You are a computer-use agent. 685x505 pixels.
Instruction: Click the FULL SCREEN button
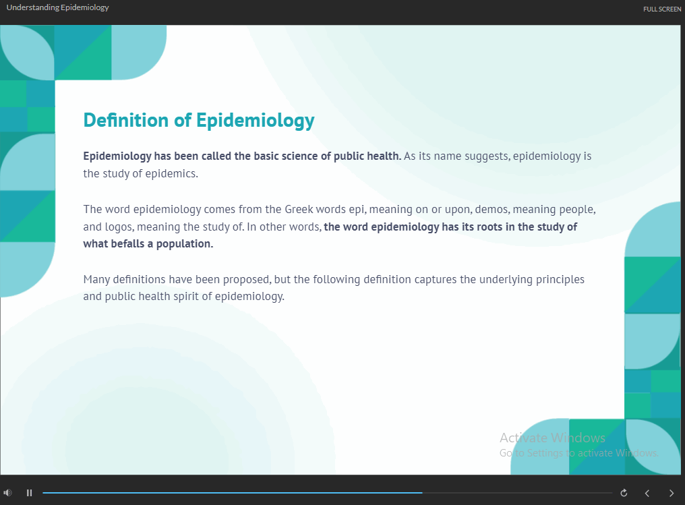pos(662,9)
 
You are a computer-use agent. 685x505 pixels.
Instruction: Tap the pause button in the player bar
pos(29,493)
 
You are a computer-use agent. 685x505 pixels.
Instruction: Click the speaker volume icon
pos(7,493)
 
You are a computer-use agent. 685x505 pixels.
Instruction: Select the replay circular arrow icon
pos(624,493)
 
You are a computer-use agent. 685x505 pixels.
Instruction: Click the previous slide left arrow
pos(647,494)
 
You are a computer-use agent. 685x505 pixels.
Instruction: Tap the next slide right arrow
pos(672,494)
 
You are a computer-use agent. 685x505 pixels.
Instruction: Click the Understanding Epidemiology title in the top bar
pos(58,7)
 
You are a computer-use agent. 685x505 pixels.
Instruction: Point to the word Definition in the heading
pos(126,120)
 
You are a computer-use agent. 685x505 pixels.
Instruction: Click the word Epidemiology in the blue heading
pos(255,121)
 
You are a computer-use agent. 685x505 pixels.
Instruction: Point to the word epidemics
pos(172,174)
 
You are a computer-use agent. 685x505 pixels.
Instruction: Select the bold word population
pos(184,244)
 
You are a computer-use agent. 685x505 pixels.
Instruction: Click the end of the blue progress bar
pos(422,493)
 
